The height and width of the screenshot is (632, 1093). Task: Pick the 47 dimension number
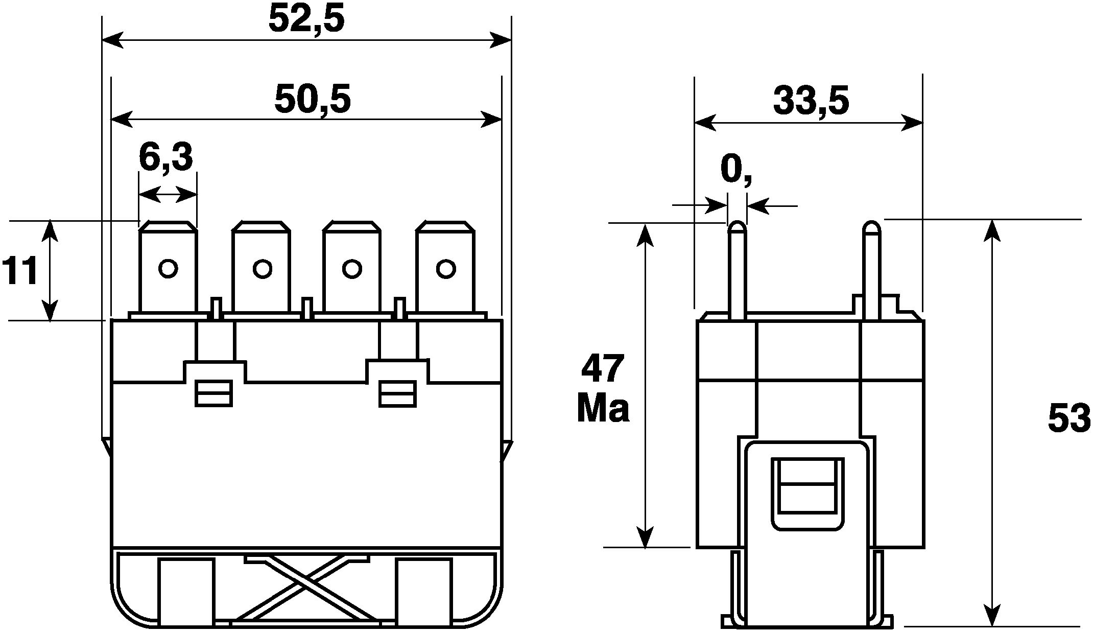coord(603,368)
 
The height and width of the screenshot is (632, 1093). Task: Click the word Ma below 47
coord(603,409)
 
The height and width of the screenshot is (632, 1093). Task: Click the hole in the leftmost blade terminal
coord(168,268)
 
